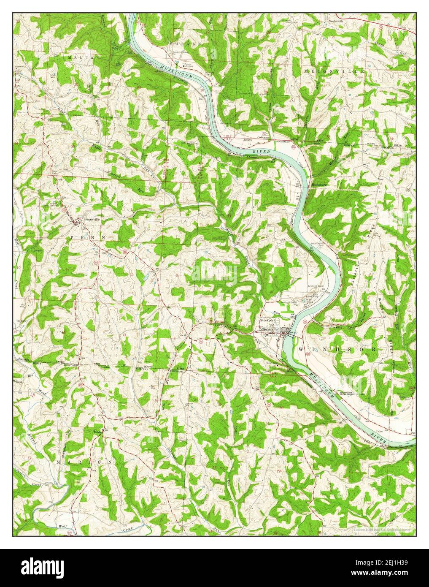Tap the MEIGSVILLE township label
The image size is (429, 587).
(334, 72)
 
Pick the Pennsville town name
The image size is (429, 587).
(92, 220)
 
